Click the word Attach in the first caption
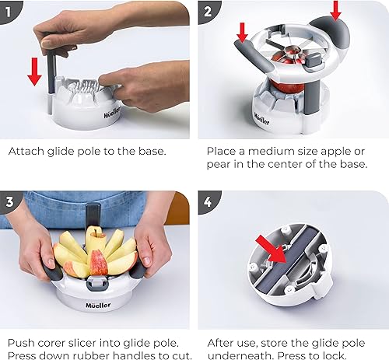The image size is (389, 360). pyautogui.click(x=26, y=152)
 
